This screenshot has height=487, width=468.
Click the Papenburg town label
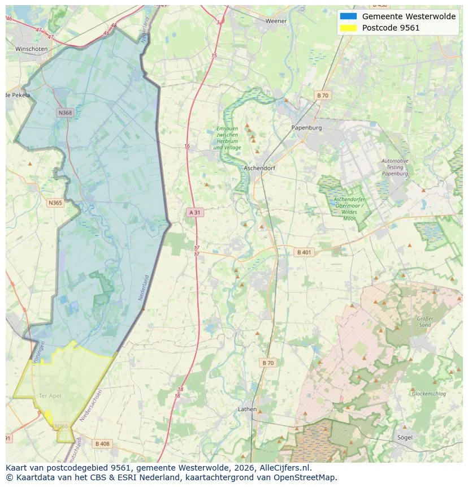[306, 128]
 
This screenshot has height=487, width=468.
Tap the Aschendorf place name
[259, 169]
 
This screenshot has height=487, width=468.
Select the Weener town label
[276, 21]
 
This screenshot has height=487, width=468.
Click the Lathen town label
[247, 409]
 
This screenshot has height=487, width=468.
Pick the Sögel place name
[405, 437]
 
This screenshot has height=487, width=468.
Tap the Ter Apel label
[50, 395]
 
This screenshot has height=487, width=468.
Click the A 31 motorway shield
[194, 213]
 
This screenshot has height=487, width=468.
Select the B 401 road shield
[304, 252]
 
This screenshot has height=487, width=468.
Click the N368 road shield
[66, 113]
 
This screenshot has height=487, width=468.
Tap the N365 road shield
[55, 203]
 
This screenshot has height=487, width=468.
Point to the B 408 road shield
[102, 444]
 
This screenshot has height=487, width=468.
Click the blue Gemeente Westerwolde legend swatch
[348, 16]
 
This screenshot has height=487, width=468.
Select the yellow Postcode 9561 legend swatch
[348, 28]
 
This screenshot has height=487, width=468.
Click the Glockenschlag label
[429, 394]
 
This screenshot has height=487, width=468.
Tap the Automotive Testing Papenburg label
[395, 167]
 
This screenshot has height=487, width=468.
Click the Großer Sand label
[425, 322]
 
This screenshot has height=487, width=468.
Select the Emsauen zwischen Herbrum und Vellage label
[227, 138]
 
